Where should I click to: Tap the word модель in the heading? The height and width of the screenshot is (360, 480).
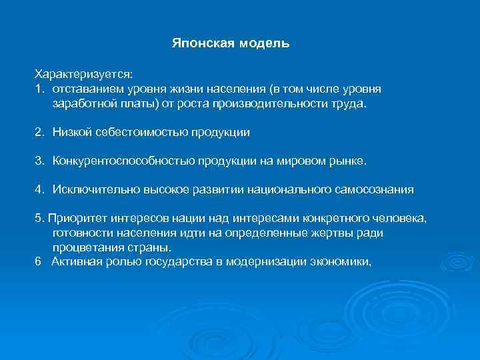point(265,43)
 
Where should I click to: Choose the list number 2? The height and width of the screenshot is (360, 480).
point(39,132)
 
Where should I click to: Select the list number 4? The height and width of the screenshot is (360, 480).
point(39,189)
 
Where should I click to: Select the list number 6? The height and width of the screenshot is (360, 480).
point(39,261)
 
